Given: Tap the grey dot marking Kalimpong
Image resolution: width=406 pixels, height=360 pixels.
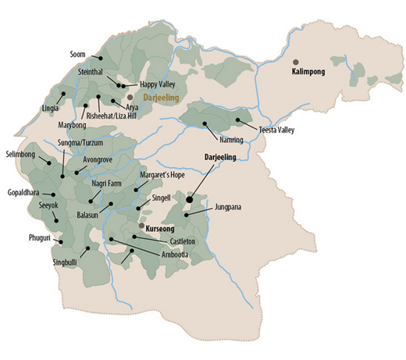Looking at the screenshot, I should point(295,61).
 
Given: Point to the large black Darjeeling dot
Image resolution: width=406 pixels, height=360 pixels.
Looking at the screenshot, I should point(189,200).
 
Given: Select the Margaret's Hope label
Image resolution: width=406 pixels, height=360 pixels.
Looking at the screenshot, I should point(162,176).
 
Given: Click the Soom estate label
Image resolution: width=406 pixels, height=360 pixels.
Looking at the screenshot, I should point(77,55).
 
